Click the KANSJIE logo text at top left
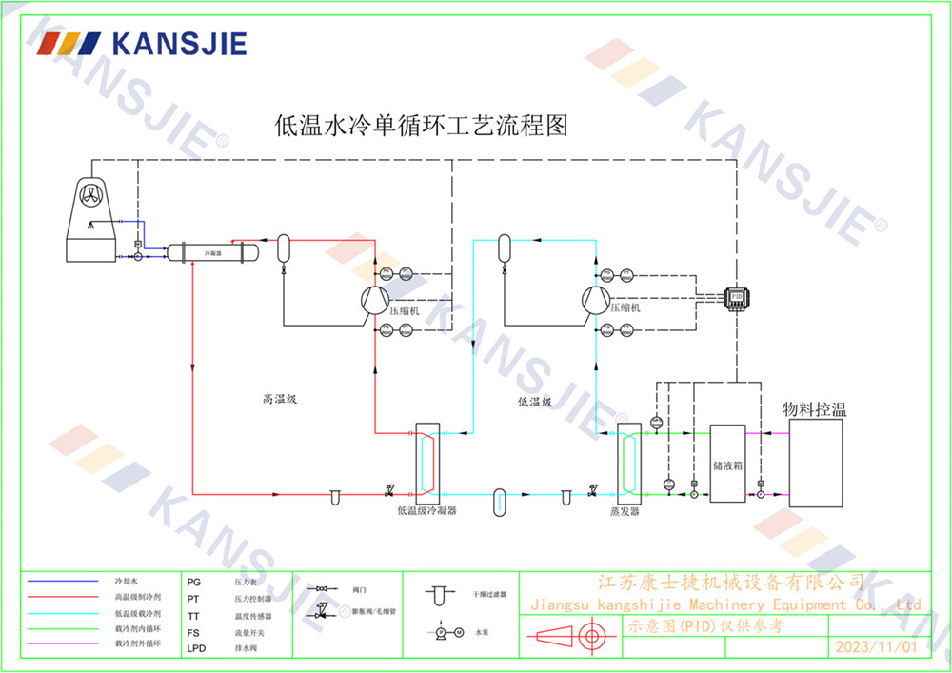tap(180, 44)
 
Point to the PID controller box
tap(736, 297)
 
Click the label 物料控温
tap(814, 409)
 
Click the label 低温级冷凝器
tap(427, 511)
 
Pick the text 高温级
tap(280, 400)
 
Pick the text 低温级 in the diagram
tap(535, 402)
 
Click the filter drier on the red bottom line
tap(335, 496)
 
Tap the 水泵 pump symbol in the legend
tap(445, 631)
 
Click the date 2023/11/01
tap(875, 646)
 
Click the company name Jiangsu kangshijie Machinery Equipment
tap(724, 604)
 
